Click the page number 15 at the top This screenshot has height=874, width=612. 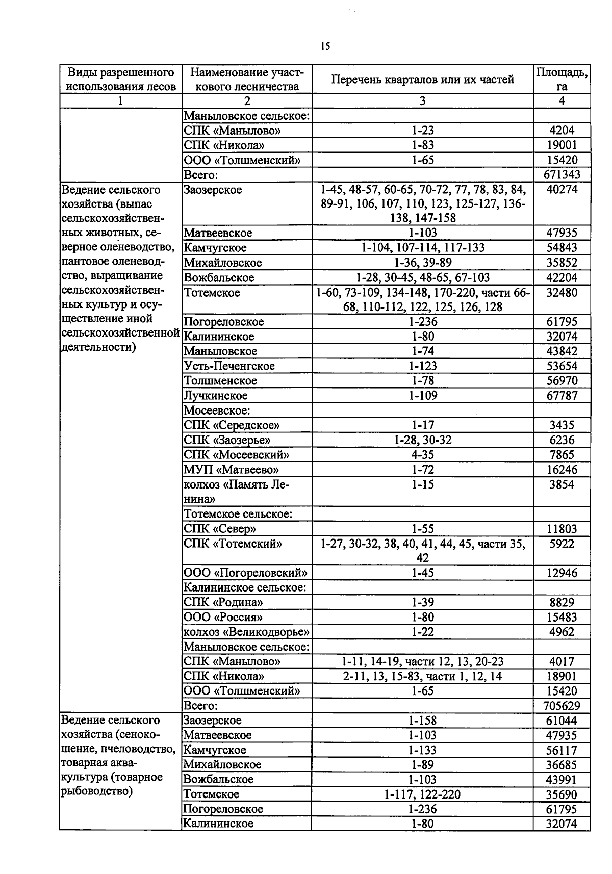(x=325, y=46)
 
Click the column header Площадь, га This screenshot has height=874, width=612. (x=562, y=79)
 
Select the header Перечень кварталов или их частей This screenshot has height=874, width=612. (x=422, y=79)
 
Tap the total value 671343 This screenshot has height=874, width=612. (x=562, y=175)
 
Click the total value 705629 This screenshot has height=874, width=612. (x=562, y=706)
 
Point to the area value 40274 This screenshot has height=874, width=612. (x=562, y=190)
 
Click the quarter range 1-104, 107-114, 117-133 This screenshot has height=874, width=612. (x=422, y=248)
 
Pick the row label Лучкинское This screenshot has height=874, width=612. (x=216, y=396)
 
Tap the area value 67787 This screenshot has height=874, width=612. (x=562, y=396)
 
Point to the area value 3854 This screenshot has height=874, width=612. (x=562, y=484)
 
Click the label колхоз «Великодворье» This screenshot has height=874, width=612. (x=246, y=632)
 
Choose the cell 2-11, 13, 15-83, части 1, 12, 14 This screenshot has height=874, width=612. (x=422, y=676)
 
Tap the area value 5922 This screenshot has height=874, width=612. (x=562, y=544)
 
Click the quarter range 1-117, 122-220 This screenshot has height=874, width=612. (x=422, y=794)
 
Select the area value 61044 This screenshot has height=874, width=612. (x=562, y=721)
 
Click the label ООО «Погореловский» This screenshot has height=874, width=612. (x=245, y=573)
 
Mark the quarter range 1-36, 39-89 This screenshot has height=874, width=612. (x=422, y=263)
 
